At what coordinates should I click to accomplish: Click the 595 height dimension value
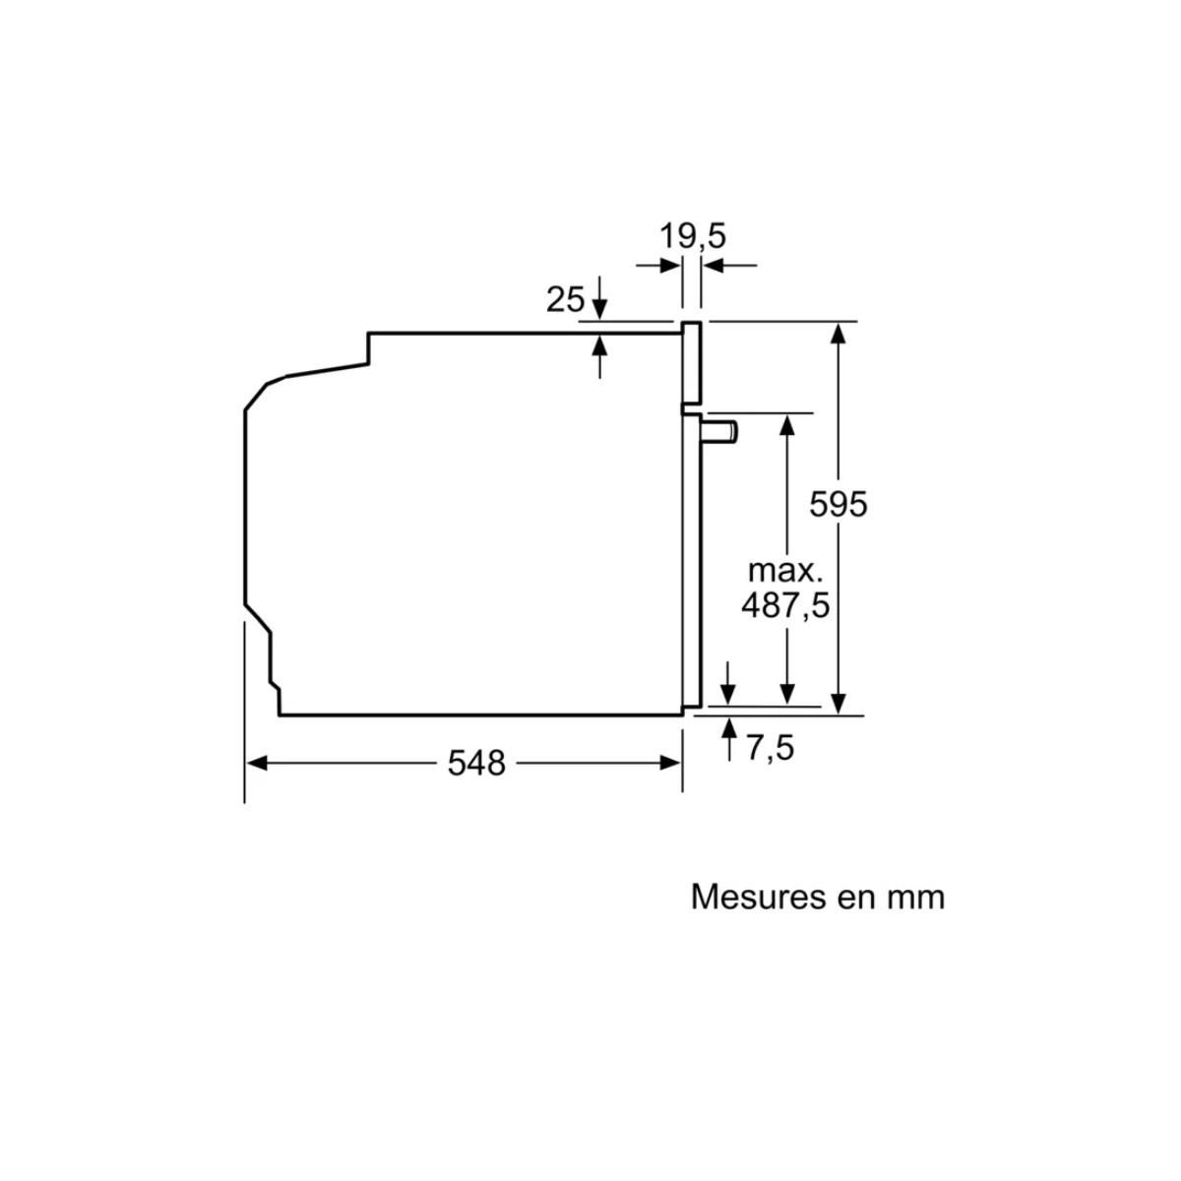click(839, 504)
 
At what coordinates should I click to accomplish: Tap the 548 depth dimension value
click(476, 763)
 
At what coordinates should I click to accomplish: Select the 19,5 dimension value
click(693, 236)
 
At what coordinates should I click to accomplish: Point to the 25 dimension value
click(566, 298)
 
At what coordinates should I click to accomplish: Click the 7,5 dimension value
click(770, 748)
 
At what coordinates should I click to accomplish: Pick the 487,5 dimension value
click(785, 604)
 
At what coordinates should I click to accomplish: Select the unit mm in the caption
click(914, 897)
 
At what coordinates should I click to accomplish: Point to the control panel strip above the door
click(692, 363)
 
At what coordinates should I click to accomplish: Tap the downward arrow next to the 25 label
click(600, 305)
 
